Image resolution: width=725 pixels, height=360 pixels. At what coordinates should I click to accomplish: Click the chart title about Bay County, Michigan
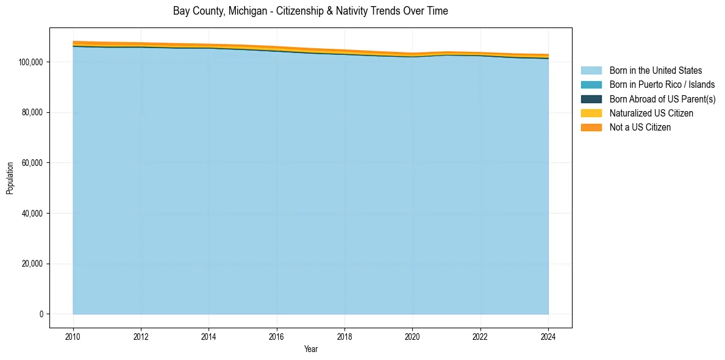point(310,11)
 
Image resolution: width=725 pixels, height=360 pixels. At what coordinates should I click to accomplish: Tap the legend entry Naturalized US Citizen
point(651,113)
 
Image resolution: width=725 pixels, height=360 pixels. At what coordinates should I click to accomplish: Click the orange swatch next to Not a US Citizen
point(591,127)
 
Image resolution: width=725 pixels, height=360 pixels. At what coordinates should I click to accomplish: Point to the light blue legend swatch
point(591,71)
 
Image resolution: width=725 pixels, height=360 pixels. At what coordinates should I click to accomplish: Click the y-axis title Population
point(10,178)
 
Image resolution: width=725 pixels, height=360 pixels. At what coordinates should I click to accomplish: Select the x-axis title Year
point(310,350)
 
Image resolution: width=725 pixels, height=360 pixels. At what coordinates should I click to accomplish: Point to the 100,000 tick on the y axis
point(30,62)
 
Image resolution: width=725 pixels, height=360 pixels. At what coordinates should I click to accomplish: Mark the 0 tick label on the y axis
point(41,314)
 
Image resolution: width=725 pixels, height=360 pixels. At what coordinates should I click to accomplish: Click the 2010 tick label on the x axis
point(73,335)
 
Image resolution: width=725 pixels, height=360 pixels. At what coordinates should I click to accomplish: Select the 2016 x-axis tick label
point(277,335)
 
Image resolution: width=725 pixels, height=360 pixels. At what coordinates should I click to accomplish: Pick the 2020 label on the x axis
point(413,335)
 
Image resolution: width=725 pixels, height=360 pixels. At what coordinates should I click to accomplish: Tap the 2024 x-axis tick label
point(548,335)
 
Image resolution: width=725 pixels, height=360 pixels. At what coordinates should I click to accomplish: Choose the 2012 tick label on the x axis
point(141,335)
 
